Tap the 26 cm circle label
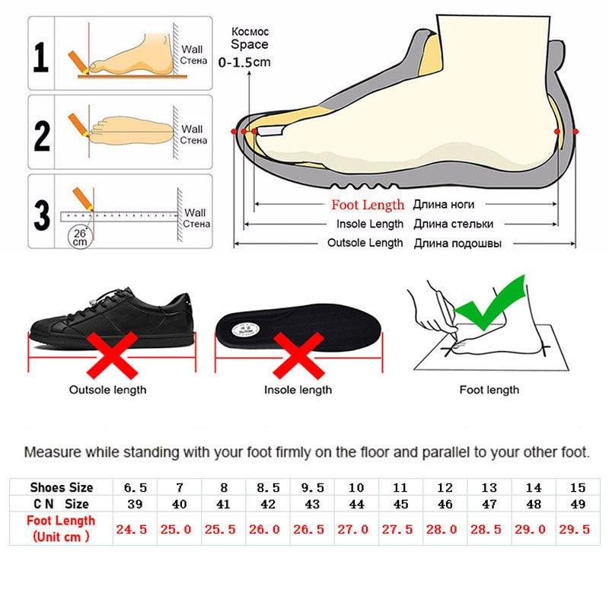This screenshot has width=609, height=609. (x=79, y=236)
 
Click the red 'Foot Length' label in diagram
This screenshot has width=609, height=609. (x=368, y=205)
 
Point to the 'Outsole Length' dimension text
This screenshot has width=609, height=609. (x=365, y=243)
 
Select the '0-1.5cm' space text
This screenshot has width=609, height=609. (x=244, y=62)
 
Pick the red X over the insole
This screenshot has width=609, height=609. (x=297, y=355)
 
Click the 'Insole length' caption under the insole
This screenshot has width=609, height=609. (x=298, y=390)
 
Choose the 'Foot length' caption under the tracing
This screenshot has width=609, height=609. (x=489, y=390)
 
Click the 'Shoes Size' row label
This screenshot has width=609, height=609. (x=61, y=487)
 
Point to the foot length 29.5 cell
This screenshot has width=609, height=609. (x=576, y=529)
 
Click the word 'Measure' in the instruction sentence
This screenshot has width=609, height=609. (x=50, y=451)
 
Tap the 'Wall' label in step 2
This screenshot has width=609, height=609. (x=193, y=129)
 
